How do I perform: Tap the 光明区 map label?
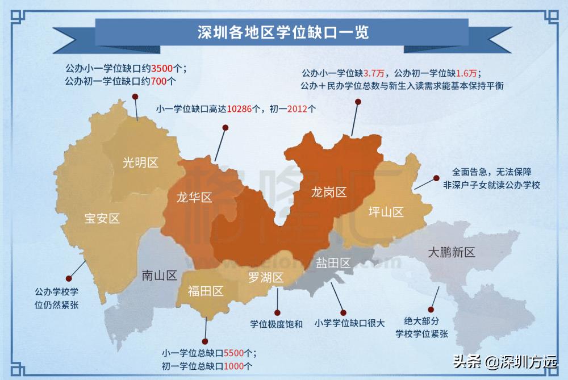[x=140, y=162]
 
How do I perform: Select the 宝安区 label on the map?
[x=102, y=218]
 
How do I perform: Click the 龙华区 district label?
[x=194, y=198]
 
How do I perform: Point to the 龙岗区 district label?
[x=328, y=192]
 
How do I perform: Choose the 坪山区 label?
[x=386, y=212]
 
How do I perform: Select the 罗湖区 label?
[x=266, y=278]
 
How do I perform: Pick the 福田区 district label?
[x=206, y=291]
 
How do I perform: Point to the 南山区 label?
[x=159, y=276]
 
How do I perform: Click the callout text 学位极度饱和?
[x=277, y=324]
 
